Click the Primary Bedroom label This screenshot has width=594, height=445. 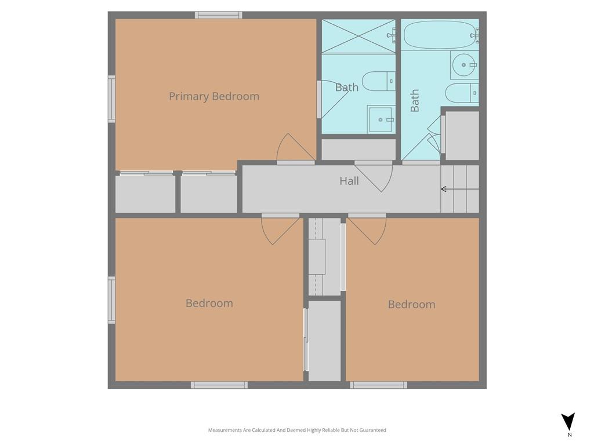214,97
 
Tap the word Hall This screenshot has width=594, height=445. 349,181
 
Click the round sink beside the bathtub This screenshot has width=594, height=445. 464,65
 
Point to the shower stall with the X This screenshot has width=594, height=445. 358,37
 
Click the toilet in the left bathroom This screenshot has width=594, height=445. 378,81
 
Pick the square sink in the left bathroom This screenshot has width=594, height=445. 381,119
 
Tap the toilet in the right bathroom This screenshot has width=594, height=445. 462,93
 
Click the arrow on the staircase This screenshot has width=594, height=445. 460,189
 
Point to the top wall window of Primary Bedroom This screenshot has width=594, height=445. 219,15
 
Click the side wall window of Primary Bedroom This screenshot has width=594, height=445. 111,99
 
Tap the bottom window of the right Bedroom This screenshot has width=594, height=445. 378,385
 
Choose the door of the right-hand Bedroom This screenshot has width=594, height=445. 367,229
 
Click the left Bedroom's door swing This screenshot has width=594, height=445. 280,229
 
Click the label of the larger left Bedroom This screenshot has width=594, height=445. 209,304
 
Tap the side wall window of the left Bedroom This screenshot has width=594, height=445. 111,300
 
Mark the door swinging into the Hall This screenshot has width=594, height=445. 374,176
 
